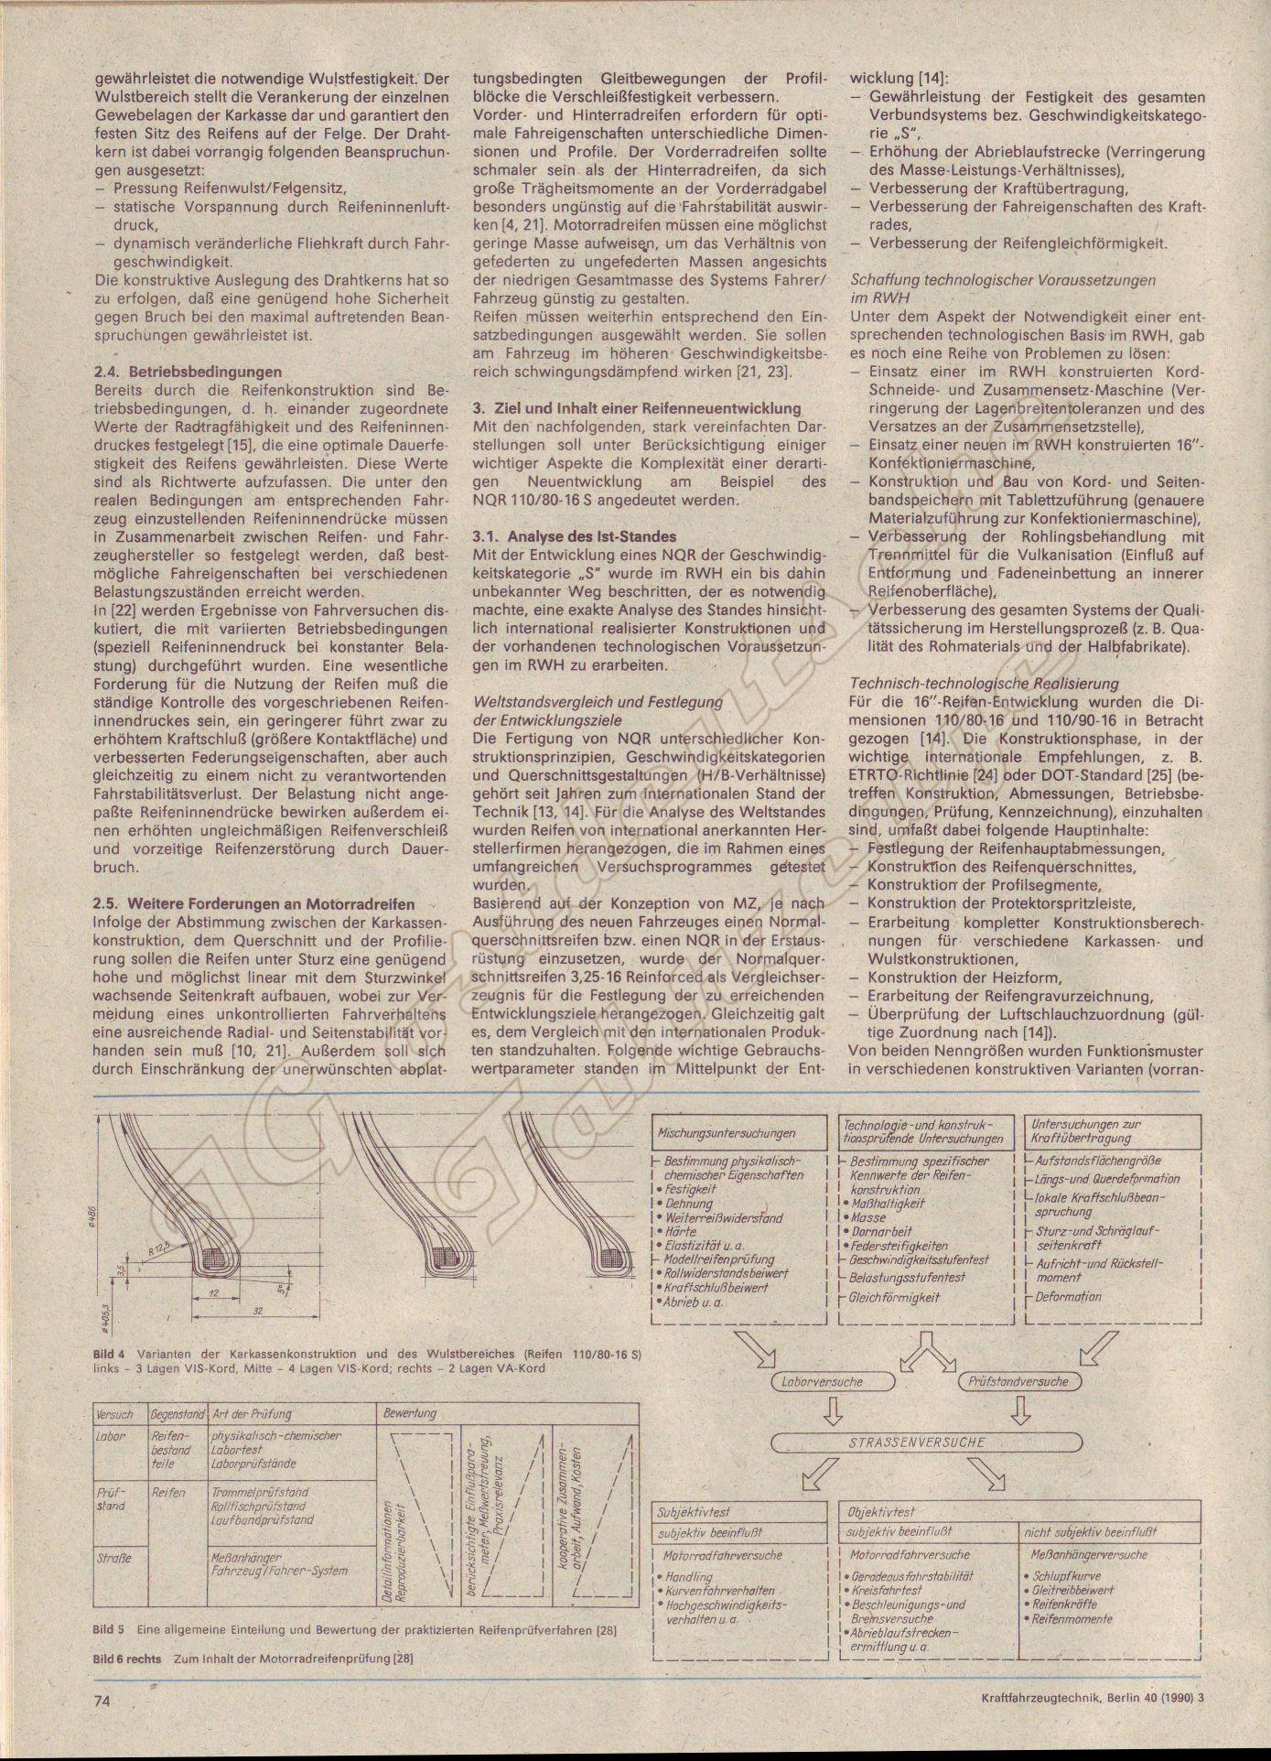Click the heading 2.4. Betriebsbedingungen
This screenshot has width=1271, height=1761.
pos(188,373)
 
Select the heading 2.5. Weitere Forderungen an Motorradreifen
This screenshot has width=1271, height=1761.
pos(253,904)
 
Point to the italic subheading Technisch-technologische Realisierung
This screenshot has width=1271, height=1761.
pos(984,684)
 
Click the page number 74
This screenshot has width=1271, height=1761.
pos(102,1700)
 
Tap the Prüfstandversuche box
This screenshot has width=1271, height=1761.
pos(1018,1382)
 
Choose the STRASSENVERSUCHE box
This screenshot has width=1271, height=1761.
pos(924,1442)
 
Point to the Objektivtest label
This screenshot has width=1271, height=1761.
pos(882,1513)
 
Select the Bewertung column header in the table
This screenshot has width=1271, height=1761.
pos(410,1414)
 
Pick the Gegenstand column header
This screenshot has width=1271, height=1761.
pos(178,1415)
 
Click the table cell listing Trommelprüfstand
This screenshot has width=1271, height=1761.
pos(260,1493)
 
